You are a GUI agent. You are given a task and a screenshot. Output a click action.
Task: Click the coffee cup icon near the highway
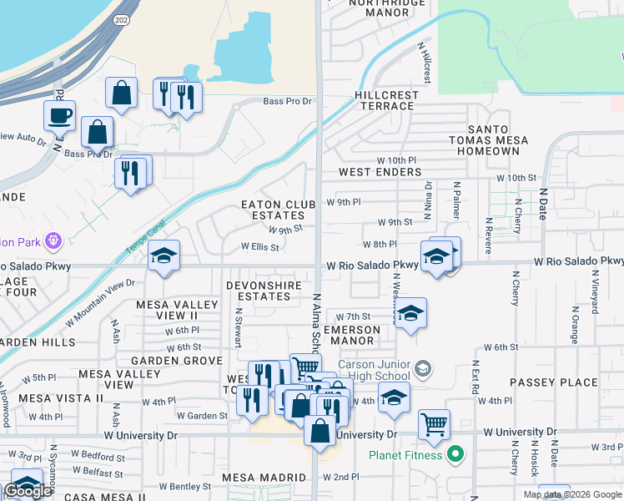pyautogui.click(x=58, y=115)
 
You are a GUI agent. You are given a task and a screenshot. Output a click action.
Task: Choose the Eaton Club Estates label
pyautogui.click(x=278, y=210)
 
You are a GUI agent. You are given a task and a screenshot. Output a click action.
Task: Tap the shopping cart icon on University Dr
pyautogui.click(x=434, y=424)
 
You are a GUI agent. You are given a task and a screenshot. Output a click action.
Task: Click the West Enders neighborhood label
pyautogui.click(x=380, y=172)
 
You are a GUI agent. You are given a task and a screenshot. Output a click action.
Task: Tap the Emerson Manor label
pyautogui.click(x=351, y=335)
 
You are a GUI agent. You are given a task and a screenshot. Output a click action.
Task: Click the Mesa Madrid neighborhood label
pyautogui.click(x=263, y=478)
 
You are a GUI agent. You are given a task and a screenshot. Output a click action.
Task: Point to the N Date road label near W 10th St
pyautogui.click(x=541, y=199)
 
